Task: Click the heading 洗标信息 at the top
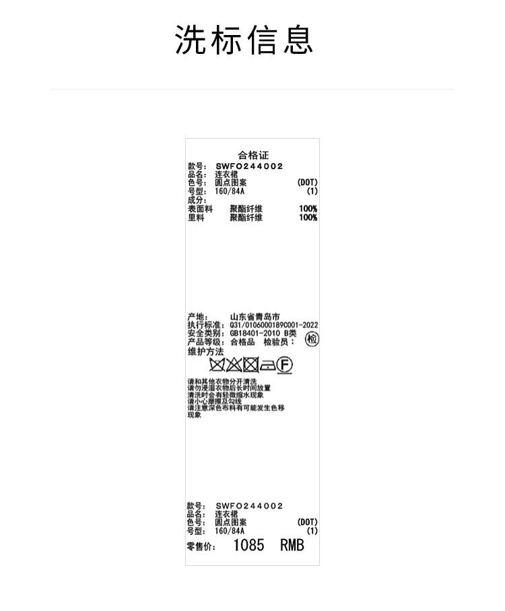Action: [x=244, y=39]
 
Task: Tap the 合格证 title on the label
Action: [x=253, y=155]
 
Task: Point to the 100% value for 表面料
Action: [x=308, y=208]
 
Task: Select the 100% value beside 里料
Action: [x=308, y=218]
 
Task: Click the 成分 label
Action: [x=197, y=200]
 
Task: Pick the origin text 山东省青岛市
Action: [x=255, y=317]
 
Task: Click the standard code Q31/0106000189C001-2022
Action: [x=274, y=325]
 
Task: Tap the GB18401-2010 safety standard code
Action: [x=255, y=333]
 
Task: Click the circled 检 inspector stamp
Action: [x=312, y=339]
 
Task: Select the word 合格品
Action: [x=242, y=342]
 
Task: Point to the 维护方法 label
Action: [x=205, y=352]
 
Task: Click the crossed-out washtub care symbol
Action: [x=217, y=364]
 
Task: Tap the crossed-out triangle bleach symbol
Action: [x=234, y=364]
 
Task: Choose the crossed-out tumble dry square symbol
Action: [x=250, y=364]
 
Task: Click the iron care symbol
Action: [x=267, y=366]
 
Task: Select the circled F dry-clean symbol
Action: [x=285, y=365]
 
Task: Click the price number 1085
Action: [x=248, y=545]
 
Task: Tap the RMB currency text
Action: [x=292, y=545]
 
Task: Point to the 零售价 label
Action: [x=201, y=546]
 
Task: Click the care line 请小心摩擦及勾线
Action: [x=215, y=401]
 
